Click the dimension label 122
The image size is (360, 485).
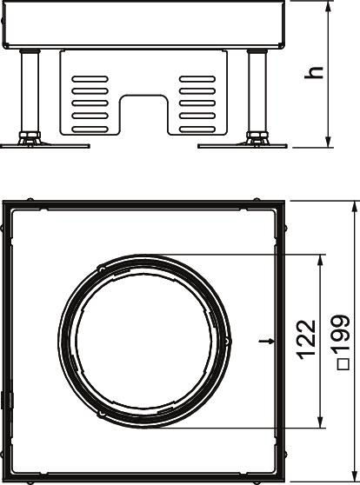tap(307, 340)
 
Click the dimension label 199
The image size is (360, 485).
tap(343, 335)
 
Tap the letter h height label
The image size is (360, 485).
tap(314, 72)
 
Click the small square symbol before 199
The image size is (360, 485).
tap(343, 364)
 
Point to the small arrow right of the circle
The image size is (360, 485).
tap(267, 342)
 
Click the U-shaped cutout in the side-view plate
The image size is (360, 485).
tap(143, 115)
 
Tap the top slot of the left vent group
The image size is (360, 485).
tap(90, 79)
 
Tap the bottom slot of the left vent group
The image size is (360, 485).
tap(90, 130)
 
